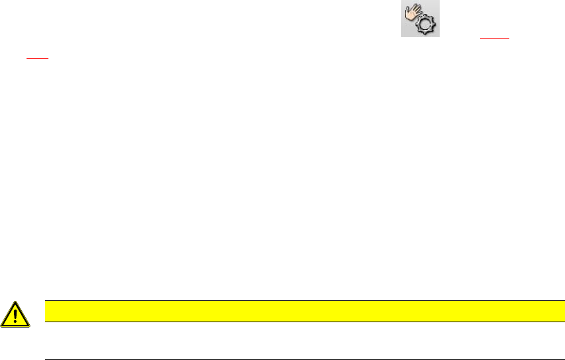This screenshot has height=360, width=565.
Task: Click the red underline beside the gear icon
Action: [497, 39]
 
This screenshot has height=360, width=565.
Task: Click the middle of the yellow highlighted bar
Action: [300, 310]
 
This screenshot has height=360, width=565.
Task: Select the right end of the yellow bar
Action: [554, 310]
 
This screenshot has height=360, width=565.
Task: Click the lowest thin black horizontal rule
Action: [300, 359]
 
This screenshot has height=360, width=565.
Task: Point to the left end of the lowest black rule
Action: [45, 359]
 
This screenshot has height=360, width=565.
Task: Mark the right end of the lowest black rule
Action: [555, 359]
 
